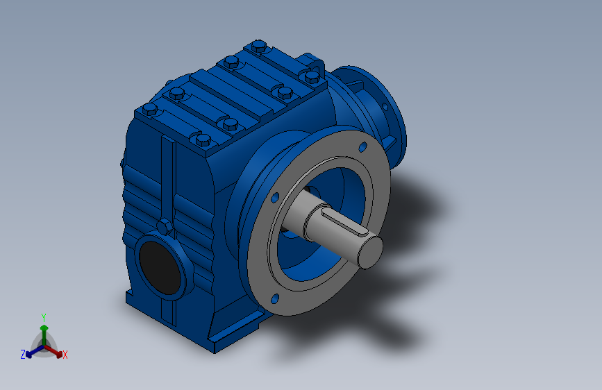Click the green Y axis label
click(43, 316)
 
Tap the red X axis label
click(65, 355)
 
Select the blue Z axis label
click(23, 355)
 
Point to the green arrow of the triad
click(44, 329)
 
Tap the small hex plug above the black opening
click(164, 227)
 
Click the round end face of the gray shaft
click(369, 251)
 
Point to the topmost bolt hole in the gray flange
click(362, 147)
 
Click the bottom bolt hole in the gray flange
click(274, 298)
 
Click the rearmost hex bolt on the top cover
click(258, 47)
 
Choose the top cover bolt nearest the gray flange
click(282, 91)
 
